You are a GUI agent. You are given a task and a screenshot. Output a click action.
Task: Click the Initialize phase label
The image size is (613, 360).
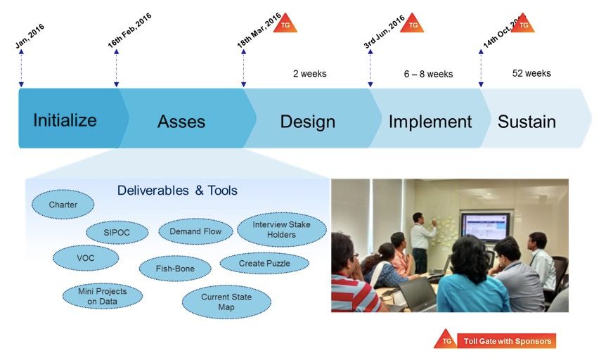[x=65, y=120]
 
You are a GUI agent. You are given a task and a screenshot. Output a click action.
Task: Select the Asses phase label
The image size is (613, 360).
[x=181, y=122]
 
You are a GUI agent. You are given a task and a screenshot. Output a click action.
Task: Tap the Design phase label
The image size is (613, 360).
[x=308, y=122]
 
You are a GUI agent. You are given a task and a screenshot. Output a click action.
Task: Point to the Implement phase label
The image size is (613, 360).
[x=430, y=122]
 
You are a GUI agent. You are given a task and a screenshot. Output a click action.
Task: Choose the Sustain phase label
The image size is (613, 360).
[x=527, y=122]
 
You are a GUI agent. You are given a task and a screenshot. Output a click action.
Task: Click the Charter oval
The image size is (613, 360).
[x=63, y=205]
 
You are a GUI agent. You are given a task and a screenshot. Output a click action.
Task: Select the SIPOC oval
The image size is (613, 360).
[x=117, y=232]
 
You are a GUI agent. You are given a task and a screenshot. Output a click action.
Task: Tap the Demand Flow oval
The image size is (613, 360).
[x=195, y=231]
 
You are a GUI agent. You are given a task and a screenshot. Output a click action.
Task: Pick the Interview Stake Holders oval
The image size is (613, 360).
[x=281, y=229]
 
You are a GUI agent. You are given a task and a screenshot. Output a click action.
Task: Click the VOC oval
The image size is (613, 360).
[x=86, y=258]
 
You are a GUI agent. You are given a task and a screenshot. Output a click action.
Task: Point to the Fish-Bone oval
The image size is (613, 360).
[x=175, y=269]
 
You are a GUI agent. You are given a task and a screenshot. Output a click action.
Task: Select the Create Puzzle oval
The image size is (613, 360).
[x=264, y=264]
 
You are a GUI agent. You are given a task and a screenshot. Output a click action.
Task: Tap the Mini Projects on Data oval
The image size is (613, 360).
[x=103, y=296]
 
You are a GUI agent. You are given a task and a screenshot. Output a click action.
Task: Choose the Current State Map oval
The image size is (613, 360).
[x=226, y=302]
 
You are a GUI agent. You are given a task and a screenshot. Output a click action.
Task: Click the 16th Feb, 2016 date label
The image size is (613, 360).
[x=129, y=30]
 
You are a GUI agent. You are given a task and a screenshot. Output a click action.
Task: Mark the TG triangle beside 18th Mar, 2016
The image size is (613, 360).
[x=285, y=24]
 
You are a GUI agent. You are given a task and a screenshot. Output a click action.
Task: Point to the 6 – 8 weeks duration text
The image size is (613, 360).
[x=429, y=74]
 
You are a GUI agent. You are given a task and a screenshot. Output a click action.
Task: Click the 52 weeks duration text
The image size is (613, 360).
[x=531, y=73]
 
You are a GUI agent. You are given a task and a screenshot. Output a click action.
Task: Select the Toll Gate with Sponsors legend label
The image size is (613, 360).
[x=507, y=341]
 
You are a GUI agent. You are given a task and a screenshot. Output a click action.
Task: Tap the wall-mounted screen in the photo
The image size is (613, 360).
[x=486, y=226]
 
